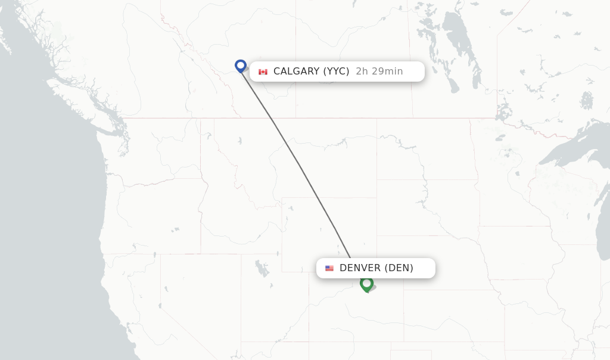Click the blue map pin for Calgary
click(241, 66)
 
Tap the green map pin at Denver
click(366, 284)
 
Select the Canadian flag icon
click(263, 72)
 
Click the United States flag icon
click(329, 268)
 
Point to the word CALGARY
click(297, 72)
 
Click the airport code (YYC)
click(336, 72)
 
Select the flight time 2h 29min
click(379, 72)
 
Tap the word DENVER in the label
click(360, 268)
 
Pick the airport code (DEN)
click(399, 268)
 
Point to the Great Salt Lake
click(262, 268)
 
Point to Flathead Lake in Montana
click(239, 142)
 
